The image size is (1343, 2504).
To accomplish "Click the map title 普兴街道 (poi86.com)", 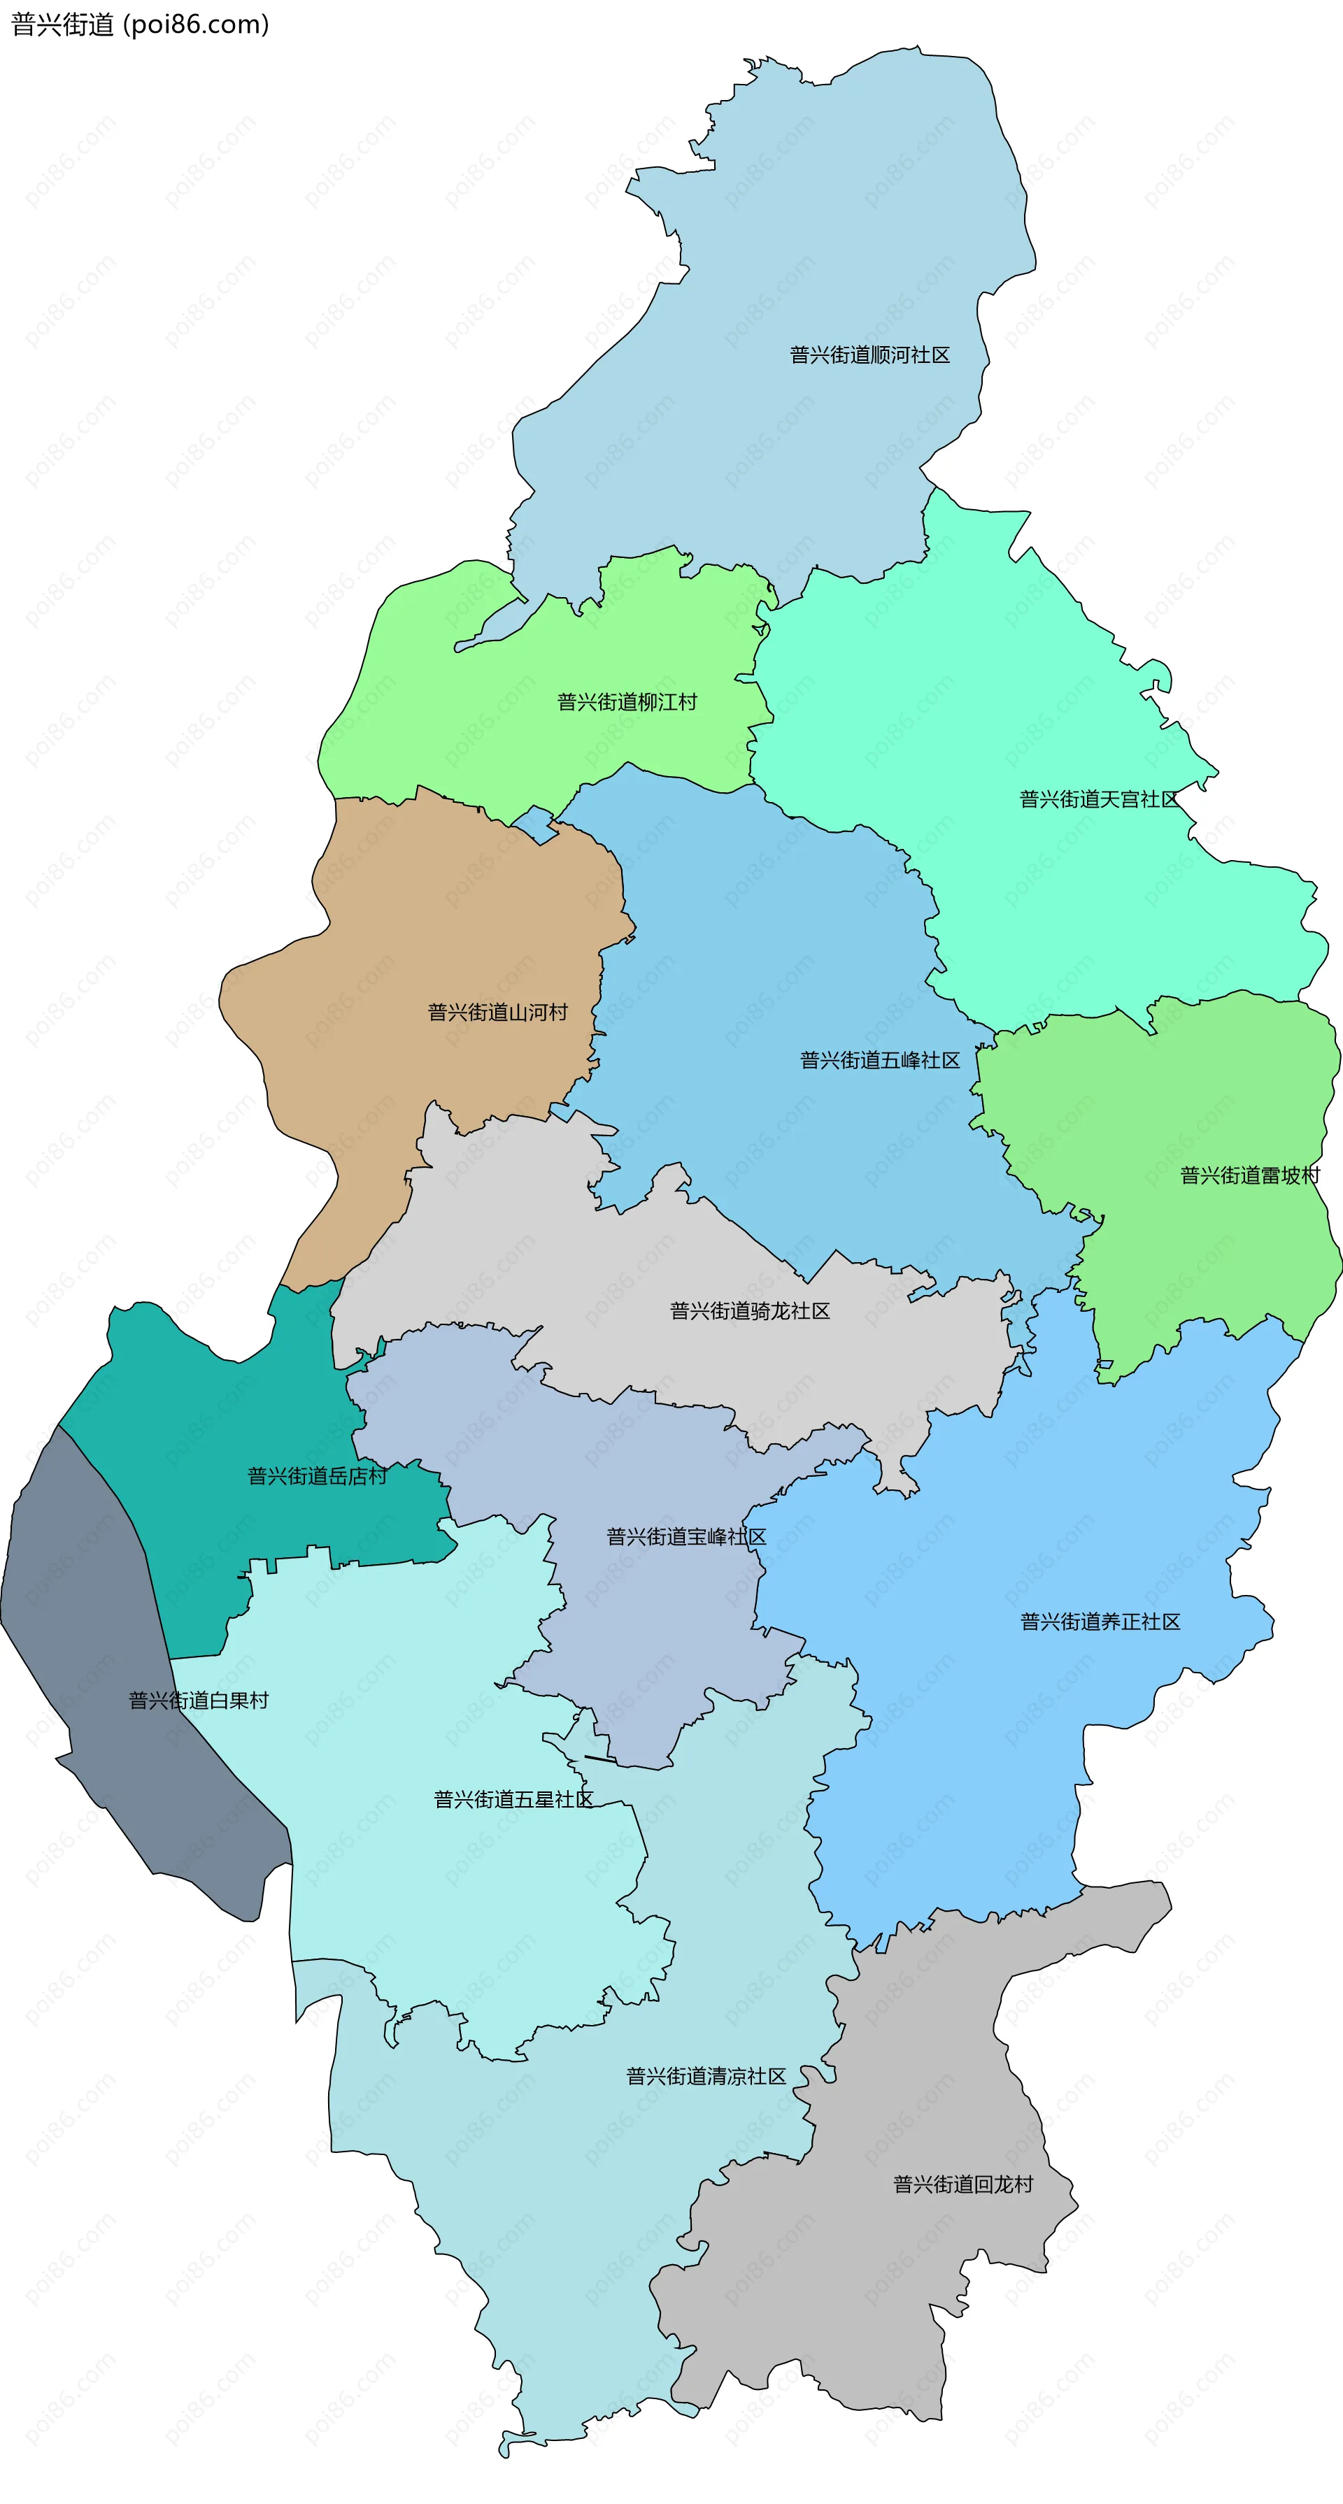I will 140,24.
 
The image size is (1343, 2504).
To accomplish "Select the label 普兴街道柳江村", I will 627,702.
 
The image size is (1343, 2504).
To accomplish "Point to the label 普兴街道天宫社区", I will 1099,799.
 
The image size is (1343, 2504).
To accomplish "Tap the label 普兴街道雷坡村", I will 1250,1176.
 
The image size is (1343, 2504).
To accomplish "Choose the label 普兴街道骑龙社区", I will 750,1311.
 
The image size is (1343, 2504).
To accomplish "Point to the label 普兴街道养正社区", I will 1100,1622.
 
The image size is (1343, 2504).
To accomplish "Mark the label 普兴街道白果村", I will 199,1700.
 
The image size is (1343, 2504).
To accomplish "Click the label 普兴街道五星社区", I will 513,1799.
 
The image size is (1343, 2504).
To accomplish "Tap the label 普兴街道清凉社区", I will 706,2076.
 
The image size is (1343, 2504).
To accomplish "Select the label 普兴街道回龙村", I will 962,2184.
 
